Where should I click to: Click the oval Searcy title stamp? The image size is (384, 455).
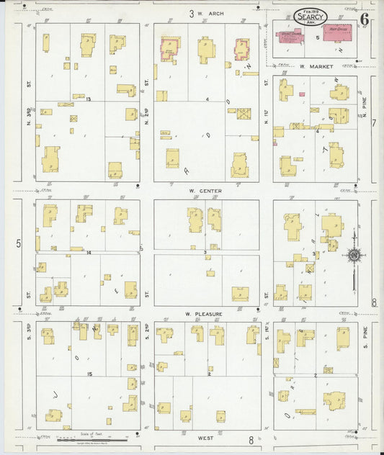click(x=310, y=16)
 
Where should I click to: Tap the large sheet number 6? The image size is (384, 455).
click(x=365, y=19)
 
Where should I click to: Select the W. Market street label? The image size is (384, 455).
click(x=317, y=66)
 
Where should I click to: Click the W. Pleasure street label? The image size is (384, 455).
click(x=202, y=315)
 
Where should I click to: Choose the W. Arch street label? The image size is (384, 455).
click(x=207, y=13)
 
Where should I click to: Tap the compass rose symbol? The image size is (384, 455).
click(x=354, y=254)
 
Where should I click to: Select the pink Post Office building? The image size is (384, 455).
click(x=336, y=33)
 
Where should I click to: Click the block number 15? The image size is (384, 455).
click(x=89, y=374)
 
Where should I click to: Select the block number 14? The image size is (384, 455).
click(x=88, y=253)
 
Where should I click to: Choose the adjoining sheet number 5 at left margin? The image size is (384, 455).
click(x=19, y=243)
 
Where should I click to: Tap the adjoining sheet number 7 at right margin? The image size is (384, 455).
click(x=373, y=123)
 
